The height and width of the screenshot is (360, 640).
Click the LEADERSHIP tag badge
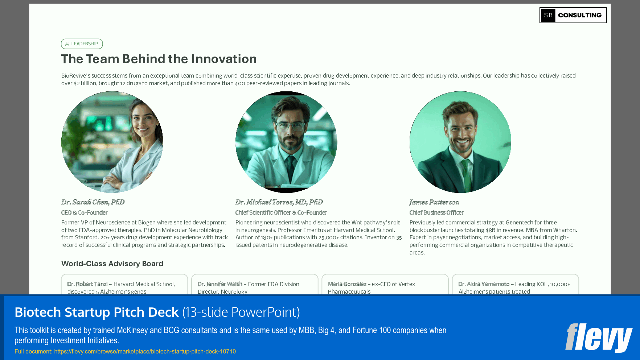coord(82,44)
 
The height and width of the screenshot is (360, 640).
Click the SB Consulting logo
coord(573,15)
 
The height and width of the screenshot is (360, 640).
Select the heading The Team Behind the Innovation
coord(159,59)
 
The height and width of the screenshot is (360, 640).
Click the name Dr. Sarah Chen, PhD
coord(93,202)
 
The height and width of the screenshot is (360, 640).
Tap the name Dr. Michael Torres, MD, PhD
coord(279,202)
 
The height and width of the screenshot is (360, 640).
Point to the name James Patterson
coord(434,202)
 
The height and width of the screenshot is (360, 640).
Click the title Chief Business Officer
coord(436,213)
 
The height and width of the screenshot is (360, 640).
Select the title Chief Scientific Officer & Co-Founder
coord(281,213)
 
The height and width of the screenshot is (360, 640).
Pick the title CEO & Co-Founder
coord(84,213)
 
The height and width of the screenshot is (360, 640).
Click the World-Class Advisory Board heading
coord(112,264)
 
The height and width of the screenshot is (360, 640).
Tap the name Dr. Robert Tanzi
coord(87,284)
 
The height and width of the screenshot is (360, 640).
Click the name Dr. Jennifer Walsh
coord(220,284)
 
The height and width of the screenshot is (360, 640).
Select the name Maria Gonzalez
coord(347,284)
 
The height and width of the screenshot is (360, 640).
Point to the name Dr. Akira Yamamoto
coord(484,284)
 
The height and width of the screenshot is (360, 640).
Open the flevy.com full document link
coord(145,352)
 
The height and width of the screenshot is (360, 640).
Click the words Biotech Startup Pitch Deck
coord(97,313)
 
